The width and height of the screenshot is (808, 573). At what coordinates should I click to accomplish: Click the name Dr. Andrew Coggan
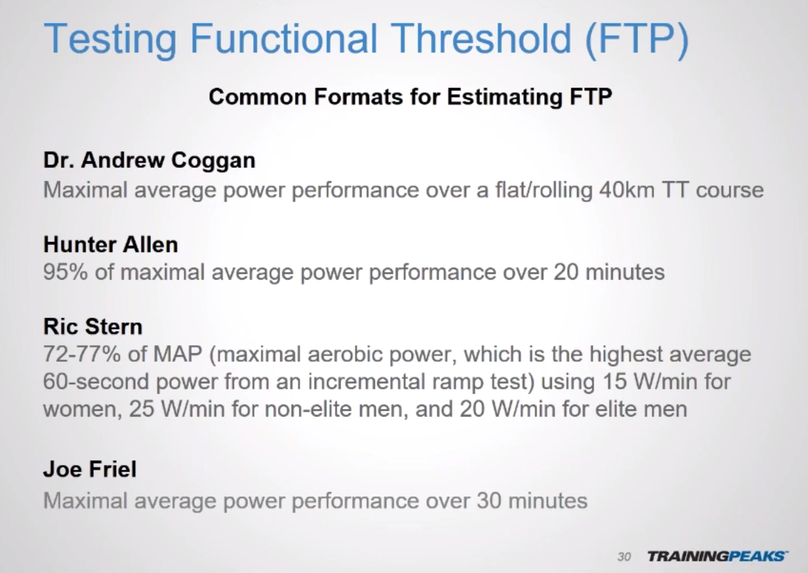tap(149, 160)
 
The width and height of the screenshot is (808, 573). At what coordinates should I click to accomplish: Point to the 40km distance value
tap(627, 190)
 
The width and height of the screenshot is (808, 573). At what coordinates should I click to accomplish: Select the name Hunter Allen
tap(111, 245)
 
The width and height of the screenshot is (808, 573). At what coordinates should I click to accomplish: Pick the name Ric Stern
tap(93, 326)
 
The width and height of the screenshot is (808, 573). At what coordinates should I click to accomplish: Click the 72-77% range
tap(82, 354)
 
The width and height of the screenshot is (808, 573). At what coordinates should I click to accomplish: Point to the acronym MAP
tap(178, 354)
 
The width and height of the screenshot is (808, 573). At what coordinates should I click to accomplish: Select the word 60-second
tap(96, 382)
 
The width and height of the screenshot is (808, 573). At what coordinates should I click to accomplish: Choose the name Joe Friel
tap(90, 469)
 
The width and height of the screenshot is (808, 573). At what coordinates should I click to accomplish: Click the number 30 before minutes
tap(489, 501)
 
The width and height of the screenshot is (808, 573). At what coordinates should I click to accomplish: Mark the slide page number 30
tap(624, 557)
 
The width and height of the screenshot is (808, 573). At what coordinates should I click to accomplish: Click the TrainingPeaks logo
tap(718, 556)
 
